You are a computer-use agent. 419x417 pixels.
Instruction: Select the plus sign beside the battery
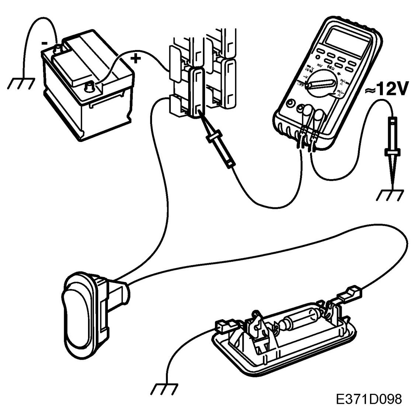point(136,58)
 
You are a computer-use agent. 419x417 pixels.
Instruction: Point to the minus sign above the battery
point(45,43)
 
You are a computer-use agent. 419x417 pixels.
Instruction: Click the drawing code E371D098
point(368,399)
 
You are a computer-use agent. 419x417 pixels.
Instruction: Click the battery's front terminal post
point(89,87)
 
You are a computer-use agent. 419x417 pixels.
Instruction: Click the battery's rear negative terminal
point(57,48)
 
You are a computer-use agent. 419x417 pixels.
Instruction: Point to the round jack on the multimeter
point(291,104)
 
